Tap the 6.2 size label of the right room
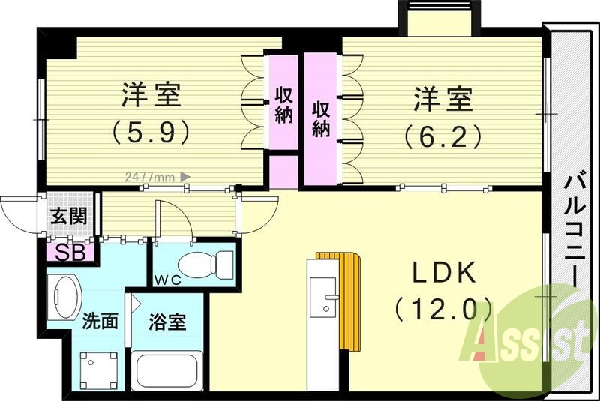tap(441, 136)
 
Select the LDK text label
tap(442, 274)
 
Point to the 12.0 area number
tap(442, 308)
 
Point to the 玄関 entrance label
tap(67, 217)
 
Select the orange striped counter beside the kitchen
tap(349, 300)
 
